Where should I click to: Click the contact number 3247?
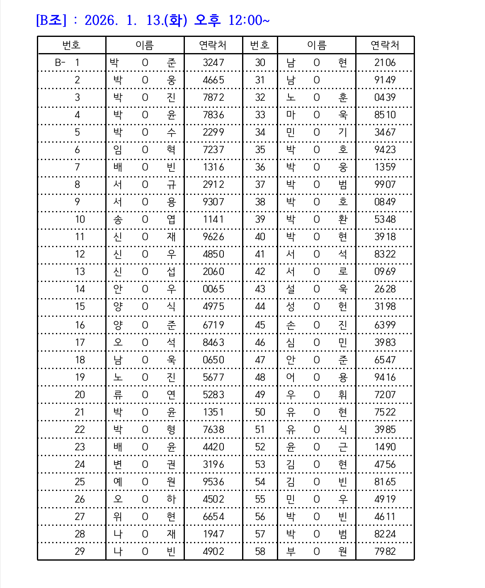(x=213, y=63)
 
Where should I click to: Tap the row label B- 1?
(x=67, y=63)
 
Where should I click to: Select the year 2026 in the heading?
(x=101, y=20)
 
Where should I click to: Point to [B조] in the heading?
(x=51, y=20)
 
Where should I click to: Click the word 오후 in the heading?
(x=207, y=20)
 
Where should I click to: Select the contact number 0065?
(x=213, y=289)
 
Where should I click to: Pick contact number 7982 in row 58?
(x=385, y=552)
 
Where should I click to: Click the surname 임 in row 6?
(x=118, y=150)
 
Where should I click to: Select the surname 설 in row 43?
(x=291, y=289)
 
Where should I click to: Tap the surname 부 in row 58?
(x=291, y=552)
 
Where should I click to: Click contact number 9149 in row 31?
(x=385, y=80)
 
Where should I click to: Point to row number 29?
(x=80, y=552)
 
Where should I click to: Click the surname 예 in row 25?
(x=118, y=482)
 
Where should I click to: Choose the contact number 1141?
(x=213, y=219)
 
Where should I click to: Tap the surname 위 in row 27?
(x=118, y=517)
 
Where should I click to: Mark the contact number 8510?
(x=385, y=115)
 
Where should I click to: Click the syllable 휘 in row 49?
(x=342, y=395)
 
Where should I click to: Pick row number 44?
(x=260, y=306)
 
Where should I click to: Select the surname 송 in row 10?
(x=118, y=219)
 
